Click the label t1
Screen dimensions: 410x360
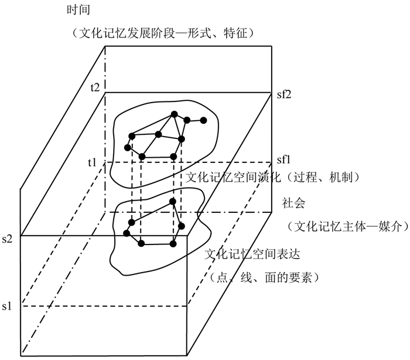coord(93,162)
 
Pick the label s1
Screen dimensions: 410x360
coord(8,305)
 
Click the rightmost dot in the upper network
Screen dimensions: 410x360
coord(204,121)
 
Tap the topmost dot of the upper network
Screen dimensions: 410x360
coord(173,114)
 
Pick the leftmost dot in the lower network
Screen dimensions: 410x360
coord(127,233)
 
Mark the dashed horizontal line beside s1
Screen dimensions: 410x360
coord(100,305)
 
